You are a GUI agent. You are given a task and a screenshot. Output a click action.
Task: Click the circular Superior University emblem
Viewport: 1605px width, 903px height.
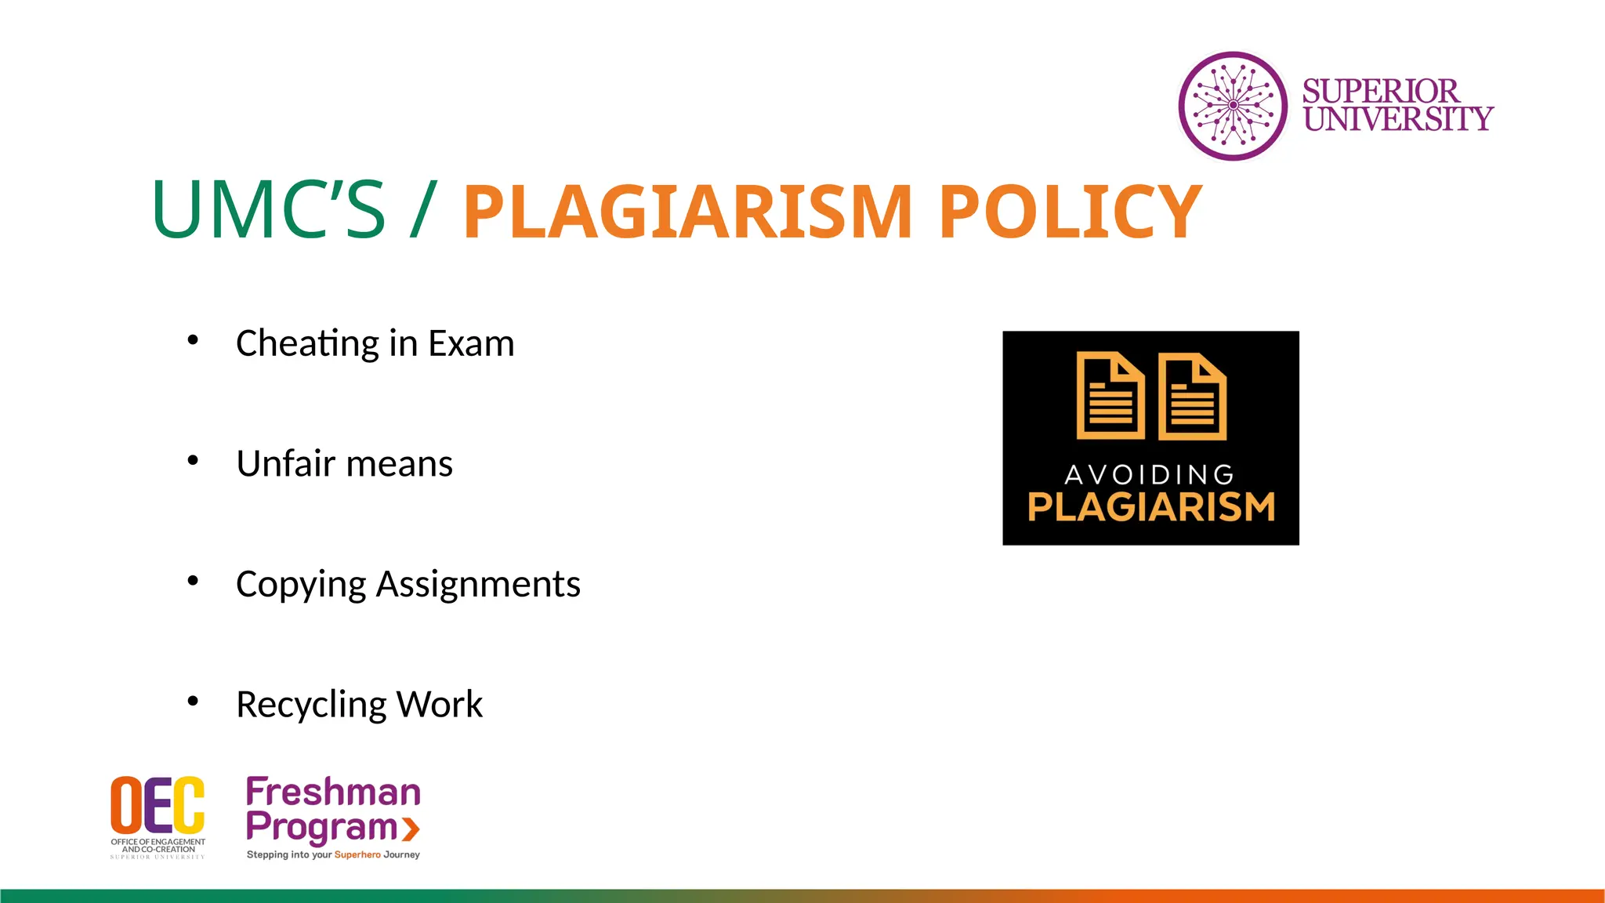pyautogui.click(x=1233, y=106)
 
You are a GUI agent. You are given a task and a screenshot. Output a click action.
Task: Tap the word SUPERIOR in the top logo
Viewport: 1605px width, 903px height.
pyautogui.click(x=1380, y=91)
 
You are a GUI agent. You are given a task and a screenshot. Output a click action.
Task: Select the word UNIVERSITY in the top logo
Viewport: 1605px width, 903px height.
pyautogui.click(x=1398, y=119)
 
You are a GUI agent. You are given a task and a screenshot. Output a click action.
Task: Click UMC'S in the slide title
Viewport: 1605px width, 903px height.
pyautogui.click(x=268, y=210)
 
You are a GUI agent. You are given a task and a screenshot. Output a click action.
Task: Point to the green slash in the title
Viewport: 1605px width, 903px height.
pyautogui.click(x=422, y=210)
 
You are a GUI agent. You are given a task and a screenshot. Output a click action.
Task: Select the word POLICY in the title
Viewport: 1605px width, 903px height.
pyautogui.click(x=1070, y=212)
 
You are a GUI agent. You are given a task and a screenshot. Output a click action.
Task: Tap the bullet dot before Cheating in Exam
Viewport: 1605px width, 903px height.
pyautogui.click(x=193, y=340)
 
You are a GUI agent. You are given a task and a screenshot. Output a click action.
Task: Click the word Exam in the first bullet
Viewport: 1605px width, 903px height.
pyautogui.click(x=471, y=343)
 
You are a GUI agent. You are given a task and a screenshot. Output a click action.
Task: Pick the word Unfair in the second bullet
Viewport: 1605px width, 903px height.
pyautogui.click(x=286, y=463)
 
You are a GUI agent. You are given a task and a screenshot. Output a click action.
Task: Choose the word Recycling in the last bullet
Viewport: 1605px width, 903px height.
pyautogui.click(x=311, y=705)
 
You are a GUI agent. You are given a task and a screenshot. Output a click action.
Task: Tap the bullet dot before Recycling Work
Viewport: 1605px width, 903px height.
pyautogui.click(x=193, y=701)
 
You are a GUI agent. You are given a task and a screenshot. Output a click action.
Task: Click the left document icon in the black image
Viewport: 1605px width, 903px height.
pyautogui.click(x=1110, y=396)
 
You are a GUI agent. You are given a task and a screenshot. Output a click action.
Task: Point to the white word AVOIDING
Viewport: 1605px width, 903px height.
pyautogui.click(x=1150, y=474)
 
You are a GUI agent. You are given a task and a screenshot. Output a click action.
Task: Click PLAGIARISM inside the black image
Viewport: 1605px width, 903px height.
pyautogui.click(x=1151, y=507)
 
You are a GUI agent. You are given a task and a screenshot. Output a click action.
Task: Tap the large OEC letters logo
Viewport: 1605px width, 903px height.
pyautogui.click(x=158, y=805)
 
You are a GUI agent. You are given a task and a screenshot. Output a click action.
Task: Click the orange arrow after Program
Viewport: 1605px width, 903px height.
pyautogui.click(x=411, y=829)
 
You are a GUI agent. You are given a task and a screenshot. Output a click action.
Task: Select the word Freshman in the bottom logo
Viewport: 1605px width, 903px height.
pyautogui.click(x=333, y=792)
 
